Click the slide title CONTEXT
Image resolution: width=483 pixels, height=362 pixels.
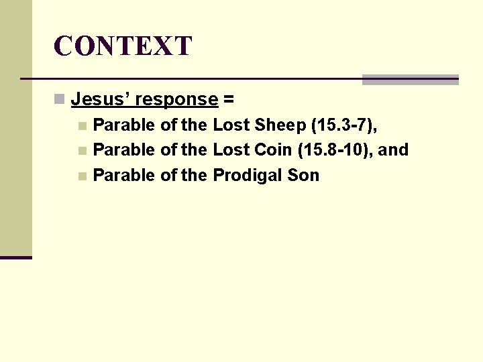click(x=123, y=46)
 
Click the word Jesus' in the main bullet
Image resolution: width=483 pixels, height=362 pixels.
click(x=100, y=100)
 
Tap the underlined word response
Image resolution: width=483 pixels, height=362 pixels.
click(x=176, y=100)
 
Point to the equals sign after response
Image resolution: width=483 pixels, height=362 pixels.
click(x=229, y=100)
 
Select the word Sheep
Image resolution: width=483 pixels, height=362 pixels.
click(x=279, y=125)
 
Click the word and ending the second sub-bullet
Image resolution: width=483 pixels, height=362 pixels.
click(x=394, y=150)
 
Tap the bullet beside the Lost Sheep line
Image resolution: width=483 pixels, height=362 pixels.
click(x=82, y=125)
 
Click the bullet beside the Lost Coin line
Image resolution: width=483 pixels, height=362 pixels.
click(x=82, y=151)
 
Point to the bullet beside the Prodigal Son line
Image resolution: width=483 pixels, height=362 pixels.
click(x=82, y=176)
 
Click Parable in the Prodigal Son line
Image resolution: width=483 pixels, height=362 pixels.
click(x=124, y=176)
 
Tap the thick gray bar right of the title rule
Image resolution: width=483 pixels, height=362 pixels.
click(x=410, y=80)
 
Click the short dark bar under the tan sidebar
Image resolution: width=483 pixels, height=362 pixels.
click(x=16, y=257)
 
